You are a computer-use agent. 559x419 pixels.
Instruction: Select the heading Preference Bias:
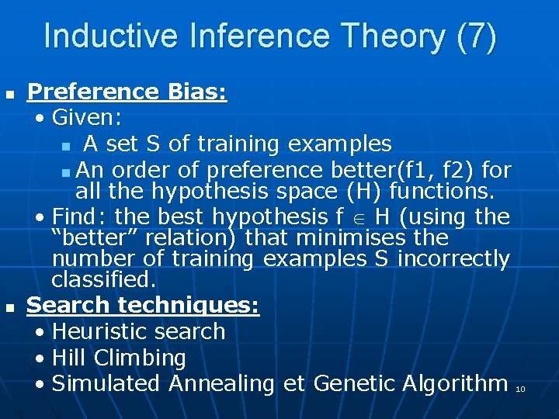click(127, 92)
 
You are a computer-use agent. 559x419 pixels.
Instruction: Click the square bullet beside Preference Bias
click(9, 95)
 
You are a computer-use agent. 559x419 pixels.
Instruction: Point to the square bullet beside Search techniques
click(9, 308)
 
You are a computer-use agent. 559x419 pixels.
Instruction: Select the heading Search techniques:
click(143, 305)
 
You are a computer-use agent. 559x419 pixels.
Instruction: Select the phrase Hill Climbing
click(119, 358)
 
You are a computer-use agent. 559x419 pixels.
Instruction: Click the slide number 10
click(520, 389)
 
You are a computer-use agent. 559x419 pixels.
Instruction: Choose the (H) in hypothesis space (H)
click(365, 190)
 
